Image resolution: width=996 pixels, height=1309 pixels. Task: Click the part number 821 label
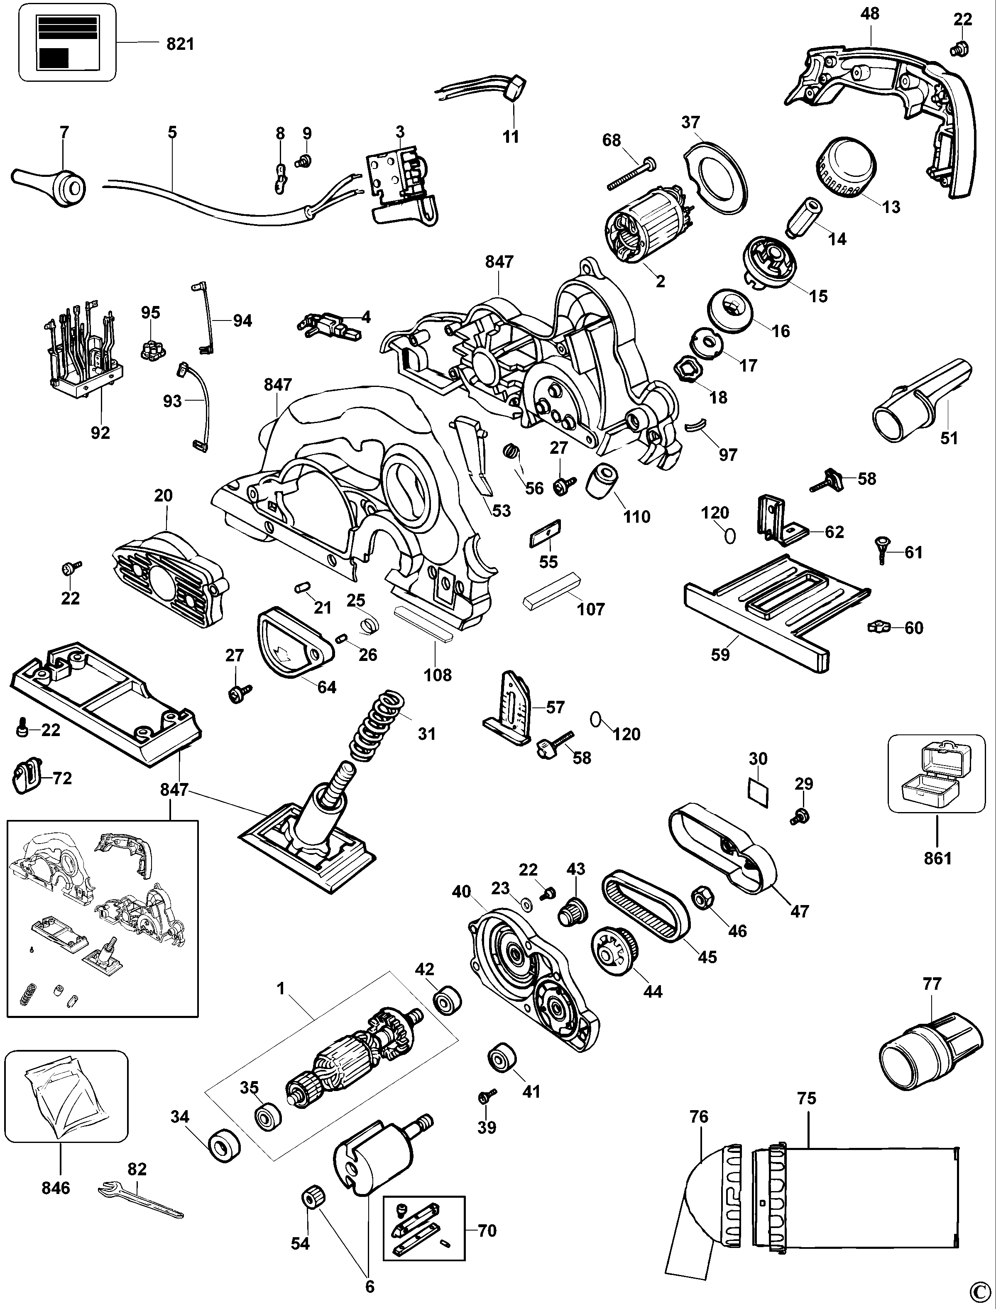(180, 44)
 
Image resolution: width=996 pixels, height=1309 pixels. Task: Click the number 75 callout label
(806, 1098)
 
